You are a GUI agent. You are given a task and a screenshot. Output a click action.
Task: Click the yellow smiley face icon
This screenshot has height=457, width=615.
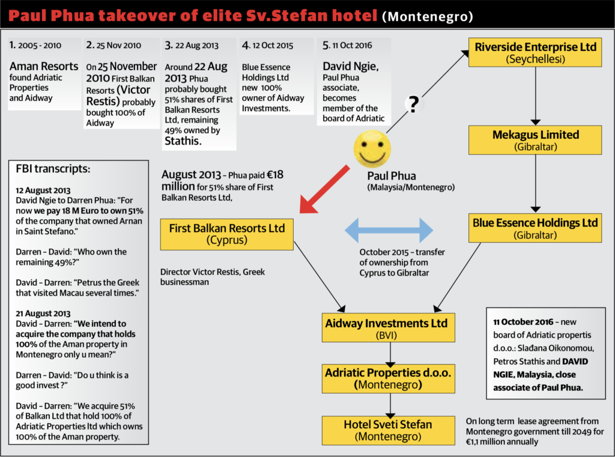click(x=372, y=149)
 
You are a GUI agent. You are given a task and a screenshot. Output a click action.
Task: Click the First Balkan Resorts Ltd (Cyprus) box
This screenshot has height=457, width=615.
click(x=226, y=234)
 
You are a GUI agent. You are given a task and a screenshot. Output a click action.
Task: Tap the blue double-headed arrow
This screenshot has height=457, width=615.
click(x=389, y=230)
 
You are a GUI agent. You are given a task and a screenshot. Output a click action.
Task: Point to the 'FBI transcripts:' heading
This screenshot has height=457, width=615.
click(x=53, y=169)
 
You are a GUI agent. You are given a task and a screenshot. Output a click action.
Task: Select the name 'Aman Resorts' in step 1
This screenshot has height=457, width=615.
click(x=44, y=66)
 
